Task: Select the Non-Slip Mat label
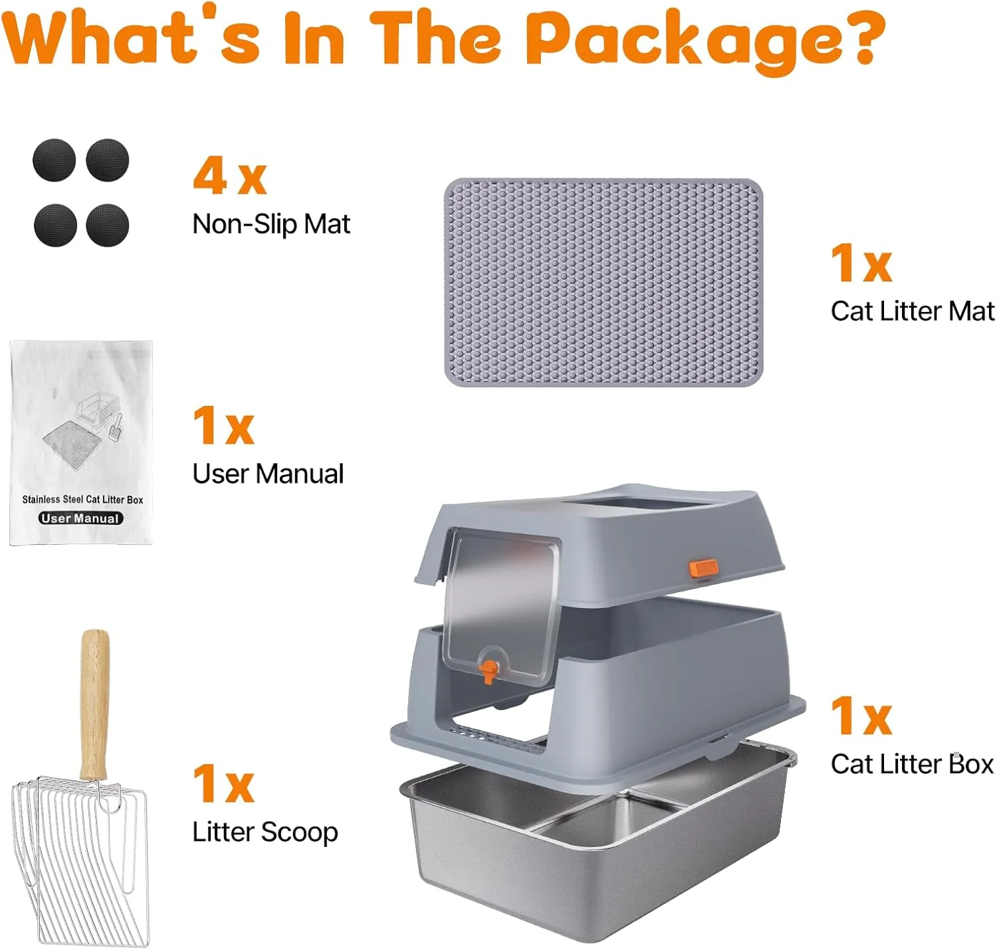click(271, 224)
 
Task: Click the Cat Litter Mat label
click(913, 311)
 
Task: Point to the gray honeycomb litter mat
click(604, 282)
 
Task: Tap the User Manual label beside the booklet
click(269, 474)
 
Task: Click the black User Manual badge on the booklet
click(80, 518)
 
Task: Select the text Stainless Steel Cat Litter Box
click(82, 500)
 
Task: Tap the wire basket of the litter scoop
click(81, 858)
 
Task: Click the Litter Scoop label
click(265, 833)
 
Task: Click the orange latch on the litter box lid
click(703, 567)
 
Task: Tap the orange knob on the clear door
click(489, 671)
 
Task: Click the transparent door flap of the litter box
click(500, 604)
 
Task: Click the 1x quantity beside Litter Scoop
click(223, 783)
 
